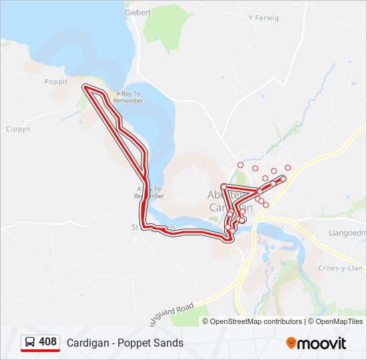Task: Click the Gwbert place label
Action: [x=137, y=12]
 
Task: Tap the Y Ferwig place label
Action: [x=263, y=18]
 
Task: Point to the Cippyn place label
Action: [x=18, y=129]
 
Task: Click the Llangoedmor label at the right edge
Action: [x=348, y=233]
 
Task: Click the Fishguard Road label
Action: [x=170, y=312]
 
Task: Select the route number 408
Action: [x=48, y=342]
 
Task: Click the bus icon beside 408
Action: [x=31, y=342]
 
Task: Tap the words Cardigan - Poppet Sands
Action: [x=125, y=343]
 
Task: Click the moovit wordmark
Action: [x=322, y=343]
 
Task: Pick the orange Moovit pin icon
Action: [x=291, y=343]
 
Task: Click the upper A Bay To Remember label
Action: [x=129, y=97]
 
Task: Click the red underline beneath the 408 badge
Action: [x=40, y=351]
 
